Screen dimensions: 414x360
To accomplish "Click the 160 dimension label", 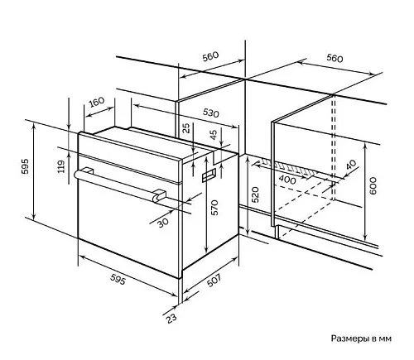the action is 97,102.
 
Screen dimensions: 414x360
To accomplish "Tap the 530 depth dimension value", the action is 210,113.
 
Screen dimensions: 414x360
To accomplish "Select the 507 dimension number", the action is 214,280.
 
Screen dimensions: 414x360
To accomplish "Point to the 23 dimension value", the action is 171,319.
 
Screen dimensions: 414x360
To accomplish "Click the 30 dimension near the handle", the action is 163,223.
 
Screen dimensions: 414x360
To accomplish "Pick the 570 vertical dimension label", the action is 214,208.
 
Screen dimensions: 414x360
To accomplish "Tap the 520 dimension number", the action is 255,194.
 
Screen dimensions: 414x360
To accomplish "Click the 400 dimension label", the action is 287,180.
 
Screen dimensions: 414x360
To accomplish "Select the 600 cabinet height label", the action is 373,186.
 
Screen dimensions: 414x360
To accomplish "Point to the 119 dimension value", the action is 61,166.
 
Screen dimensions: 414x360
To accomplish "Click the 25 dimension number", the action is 186,128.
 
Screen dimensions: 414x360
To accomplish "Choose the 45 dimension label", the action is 214,135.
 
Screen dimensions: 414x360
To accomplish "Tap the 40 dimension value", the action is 351,165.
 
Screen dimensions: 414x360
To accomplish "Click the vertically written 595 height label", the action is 25,166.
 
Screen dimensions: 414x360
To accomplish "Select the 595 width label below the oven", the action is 118,280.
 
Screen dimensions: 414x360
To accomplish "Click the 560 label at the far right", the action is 335,58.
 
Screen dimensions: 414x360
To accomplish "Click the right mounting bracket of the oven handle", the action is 159,195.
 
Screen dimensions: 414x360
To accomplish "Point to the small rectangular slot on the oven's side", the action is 209,175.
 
